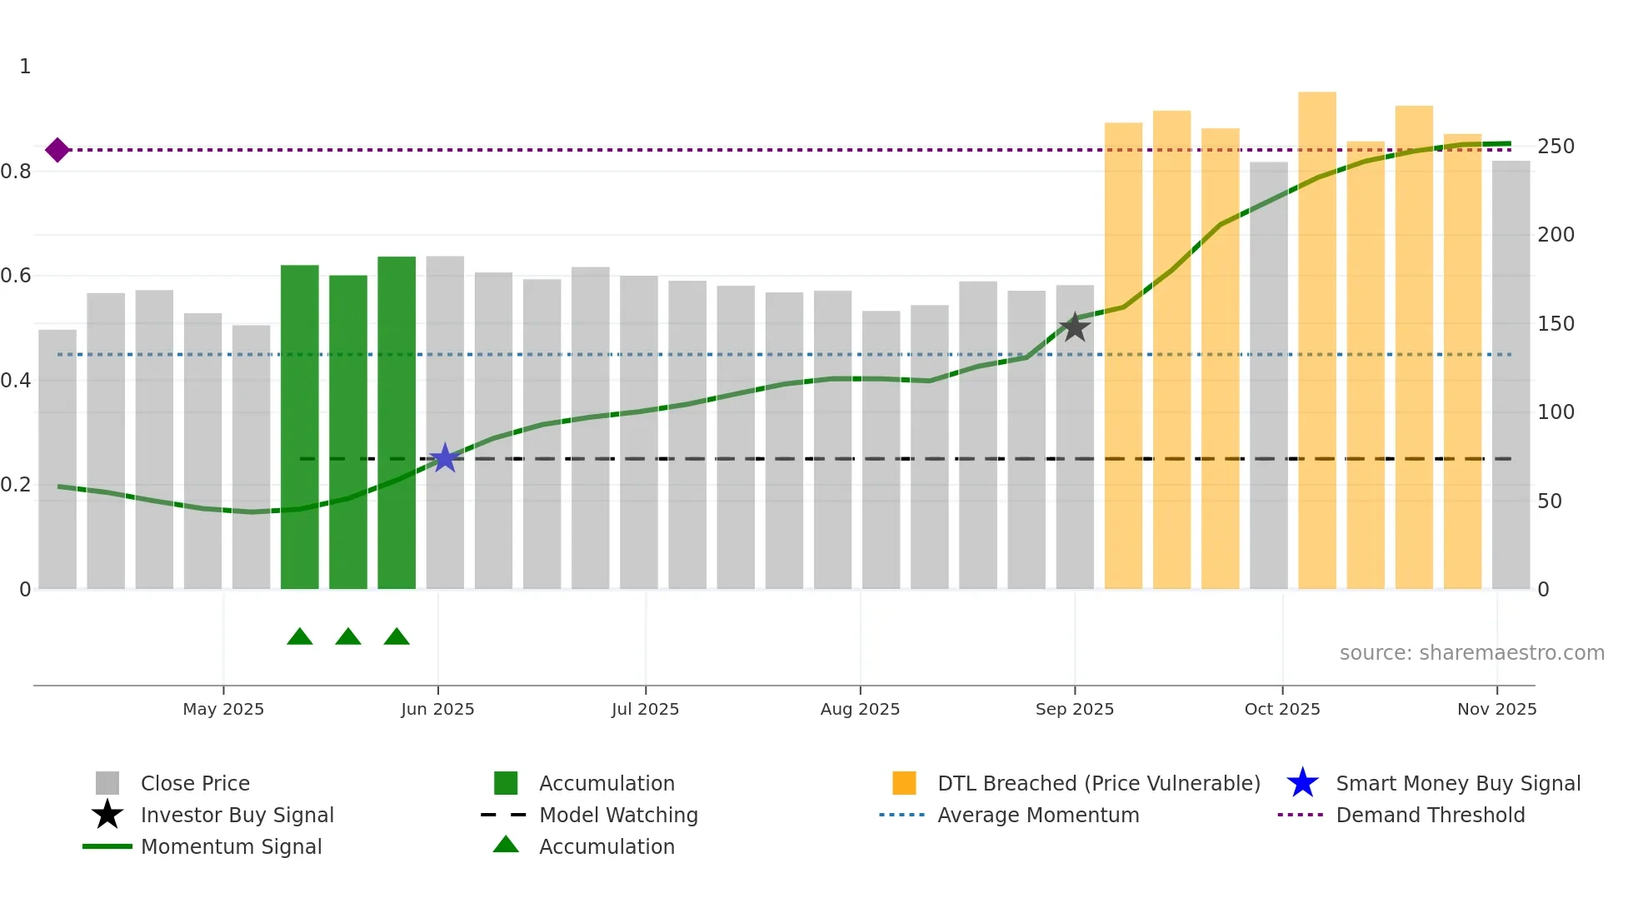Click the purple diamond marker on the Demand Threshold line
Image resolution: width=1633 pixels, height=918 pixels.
57,150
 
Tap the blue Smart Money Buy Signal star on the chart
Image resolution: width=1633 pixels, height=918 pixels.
445,458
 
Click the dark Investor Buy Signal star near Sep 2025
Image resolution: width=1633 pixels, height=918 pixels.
1075,327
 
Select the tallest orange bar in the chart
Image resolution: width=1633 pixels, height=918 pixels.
1316,342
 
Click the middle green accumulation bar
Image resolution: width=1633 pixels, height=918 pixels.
348,433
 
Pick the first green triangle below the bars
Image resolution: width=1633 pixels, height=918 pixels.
300,637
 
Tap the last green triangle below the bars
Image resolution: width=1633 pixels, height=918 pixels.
397,637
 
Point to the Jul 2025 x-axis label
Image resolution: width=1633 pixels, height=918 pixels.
645,709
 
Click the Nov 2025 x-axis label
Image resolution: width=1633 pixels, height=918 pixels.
1496,709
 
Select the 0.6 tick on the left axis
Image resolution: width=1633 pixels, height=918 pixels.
17,276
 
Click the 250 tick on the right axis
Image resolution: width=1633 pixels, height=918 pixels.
1556,147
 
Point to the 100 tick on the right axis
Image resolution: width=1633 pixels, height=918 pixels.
1556,412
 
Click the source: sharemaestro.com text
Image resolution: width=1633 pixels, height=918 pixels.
1471,653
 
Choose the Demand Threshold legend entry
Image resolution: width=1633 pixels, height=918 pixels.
1430,815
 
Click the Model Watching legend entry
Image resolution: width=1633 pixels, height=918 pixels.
618,815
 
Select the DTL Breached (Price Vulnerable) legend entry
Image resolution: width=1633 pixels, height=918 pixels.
1098,783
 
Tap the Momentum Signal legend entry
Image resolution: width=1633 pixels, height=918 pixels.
231,846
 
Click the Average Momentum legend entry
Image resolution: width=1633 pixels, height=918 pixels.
1037,815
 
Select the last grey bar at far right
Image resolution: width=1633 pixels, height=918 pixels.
1511,375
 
